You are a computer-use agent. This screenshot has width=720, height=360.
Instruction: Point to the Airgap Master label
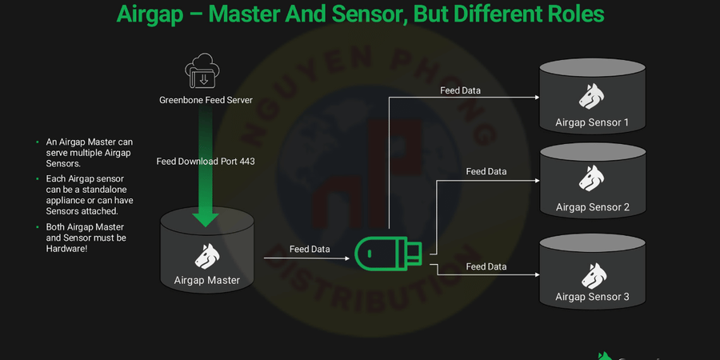[x=207, y=280]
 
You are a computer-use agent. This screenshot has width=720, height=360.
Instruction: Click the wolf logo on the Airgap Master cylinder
[x=207, y=256]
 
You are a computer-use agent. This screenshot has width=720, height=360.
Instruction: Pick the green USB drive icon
[x=388, y=254]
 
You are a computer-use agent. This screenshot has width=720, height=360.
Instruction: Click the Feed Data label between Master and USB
[x=310, y=249]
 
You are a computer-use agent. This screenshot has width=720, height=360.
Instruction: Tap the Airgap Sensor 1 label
[x=592, y=122]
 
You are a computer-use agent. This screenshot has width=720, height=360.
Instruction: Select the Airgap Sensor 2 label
[x=593, y=207]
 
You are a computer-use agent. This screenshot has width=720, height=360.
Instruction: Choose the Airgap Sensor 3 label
[x=593, y=297]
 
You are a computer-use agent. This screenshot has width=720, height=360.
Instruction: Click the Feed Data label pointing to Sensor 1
[x=461, y=90]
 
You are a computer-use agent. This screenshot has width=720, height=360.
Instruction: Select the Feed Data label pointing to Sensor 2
[x=486, y=171]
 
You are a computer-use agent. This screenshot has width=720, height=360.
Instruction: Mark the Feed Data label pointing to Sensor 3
[x=486, y=266]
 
